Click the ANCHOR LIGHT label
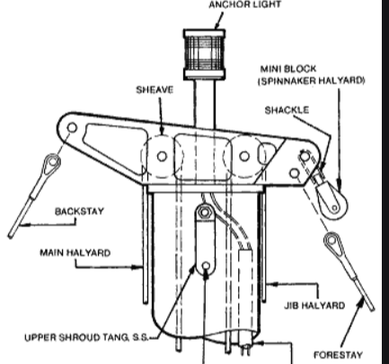245,4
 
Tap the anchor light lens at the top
204,54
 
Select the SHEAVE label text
155,90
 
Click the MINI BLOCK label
288,69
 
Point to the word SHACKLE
287,110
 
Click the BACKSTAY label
79,211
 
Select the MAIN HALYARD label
75,253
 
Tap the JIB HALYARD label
314,306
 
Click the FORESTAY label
338,355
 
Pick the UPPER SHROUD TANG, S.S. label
86,337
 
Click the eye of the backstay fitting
53,162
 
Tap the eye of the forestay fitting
332,240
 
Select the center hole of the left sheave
162,156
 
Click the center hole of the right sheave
244,156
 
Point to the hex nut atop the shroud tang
204,212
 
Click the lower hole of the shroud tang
206,266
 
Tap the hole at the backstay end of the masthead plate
72,128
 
